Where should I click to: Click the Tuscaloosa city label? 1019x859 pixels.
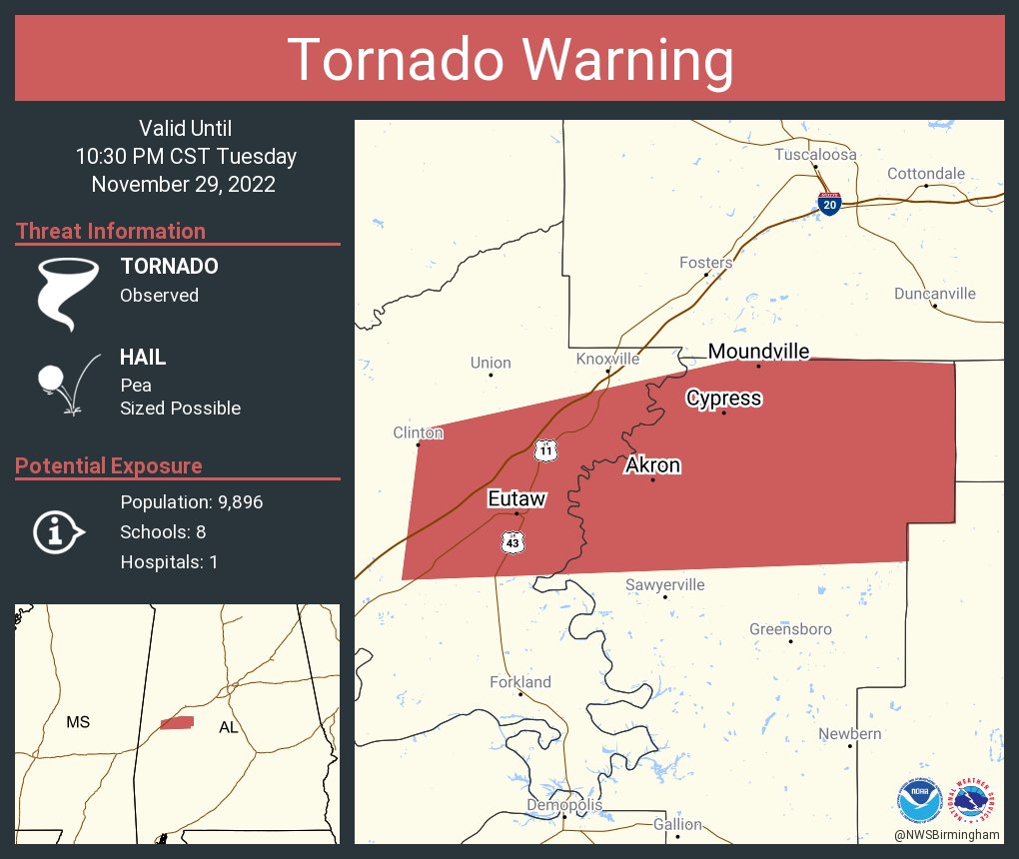815,155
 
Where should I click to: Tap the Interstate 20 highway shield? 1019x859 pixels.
828,202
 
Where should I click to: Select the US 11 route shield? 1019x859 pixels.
544,449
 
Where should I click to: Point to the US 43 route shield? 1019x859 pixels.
512,541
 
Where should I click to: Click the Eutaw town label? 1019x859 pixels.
516,498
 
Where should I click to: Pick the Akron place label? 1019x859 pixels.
652,465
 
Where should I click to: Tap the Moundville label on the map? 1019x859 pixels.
758,351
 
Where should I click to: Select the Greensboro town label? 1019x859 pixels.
790,629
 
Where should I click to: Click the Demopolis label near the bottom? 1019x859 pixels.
564,805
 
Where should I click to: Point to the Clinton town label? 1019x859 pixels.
418,432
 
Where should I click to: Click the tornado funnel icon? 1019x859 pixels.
68,293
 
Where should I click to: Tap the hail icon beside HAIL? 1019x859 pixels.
66,384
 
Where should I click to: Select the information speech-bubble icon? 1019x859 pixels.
59,532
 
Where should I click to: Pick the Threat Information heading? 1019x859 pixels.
111,231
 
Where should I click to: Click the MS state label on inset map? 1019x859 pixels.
78,722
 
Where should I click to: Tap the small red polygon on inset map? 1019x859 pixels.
177,722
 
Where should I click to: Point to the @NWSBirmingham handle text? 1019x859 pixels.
947,834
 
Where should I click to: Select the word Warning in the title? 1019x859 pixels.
630,60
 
